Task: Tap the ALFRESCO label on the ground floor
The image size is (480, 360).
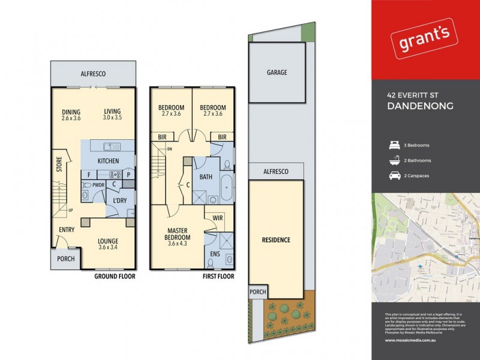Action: [x=93, y=73]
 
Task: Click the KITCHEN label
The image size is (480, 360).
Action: [x=108, y=161]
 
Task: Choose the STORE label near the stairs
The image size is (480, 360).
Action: [x=59, y=164]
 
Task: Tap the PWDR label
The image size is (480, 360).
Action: [x=98, y=185]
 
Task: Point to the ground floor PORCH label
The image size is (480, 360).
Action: [x=65, y=259]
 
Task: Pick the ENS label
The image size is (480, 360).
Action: [x=215, y=254]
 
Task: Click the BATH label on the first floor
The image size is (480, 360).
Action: [x=206, y=177]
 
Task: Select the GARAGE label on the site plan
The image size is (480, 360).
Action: [x=277, y=73]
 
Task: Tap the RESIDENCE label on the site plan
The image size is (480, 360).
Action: [x=276, y=240]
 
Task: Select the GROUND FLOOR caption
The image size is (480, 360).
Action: [x=115, y=277]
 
